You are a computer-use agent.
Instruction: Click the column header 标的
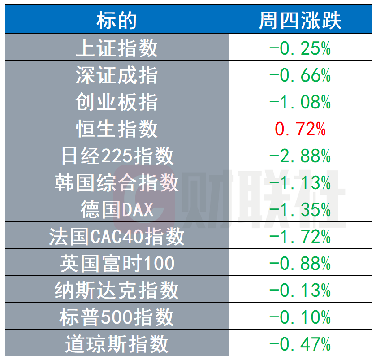[x=117, y=20]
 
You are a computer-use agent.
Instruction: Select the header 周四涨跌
[x=300, y=20]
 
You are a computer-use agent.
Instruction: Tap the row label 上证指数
[x=117, y=48]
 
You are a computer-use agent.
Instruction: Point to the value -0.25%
[x=300, y=48]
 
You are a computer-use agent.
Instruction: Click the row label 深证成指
[x=117, y=75]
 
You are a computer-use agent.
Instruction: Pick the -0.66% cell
[x=300, y=75]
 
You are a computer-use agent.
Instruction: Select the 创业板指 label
[x=117, y=102]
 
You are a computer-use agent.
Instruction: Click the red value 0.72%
[x=300, y=129]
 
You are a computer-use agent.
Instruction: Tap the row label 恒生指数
[x=117, y=129]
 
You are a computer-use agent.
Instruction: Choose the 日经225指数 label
[x=117, y=156]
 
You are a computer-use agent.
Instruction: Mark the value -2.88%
[x=300, y=156]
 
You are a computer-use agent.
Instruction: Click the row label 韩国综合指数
[x=117, y=182]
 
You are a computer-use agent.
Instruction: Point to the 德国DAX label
[x=117, y=209]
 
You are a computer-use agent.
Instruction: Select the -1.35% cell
[x=300, y=209]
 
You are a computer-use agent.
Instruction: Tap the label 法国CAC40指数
[x=117, y=236]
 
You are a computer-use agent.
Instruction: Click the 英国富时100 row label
[x=117, y=263]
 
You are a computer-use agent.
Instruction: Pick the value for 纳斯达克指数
[x=300, y=290]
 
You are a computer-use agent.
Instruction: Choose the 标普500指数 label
[x=117, y=317]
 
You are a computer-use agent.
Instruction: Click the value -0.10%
[x=300, y=317]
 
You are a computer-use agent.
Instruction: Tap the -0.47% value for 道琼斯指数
[x=300, y=344]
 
